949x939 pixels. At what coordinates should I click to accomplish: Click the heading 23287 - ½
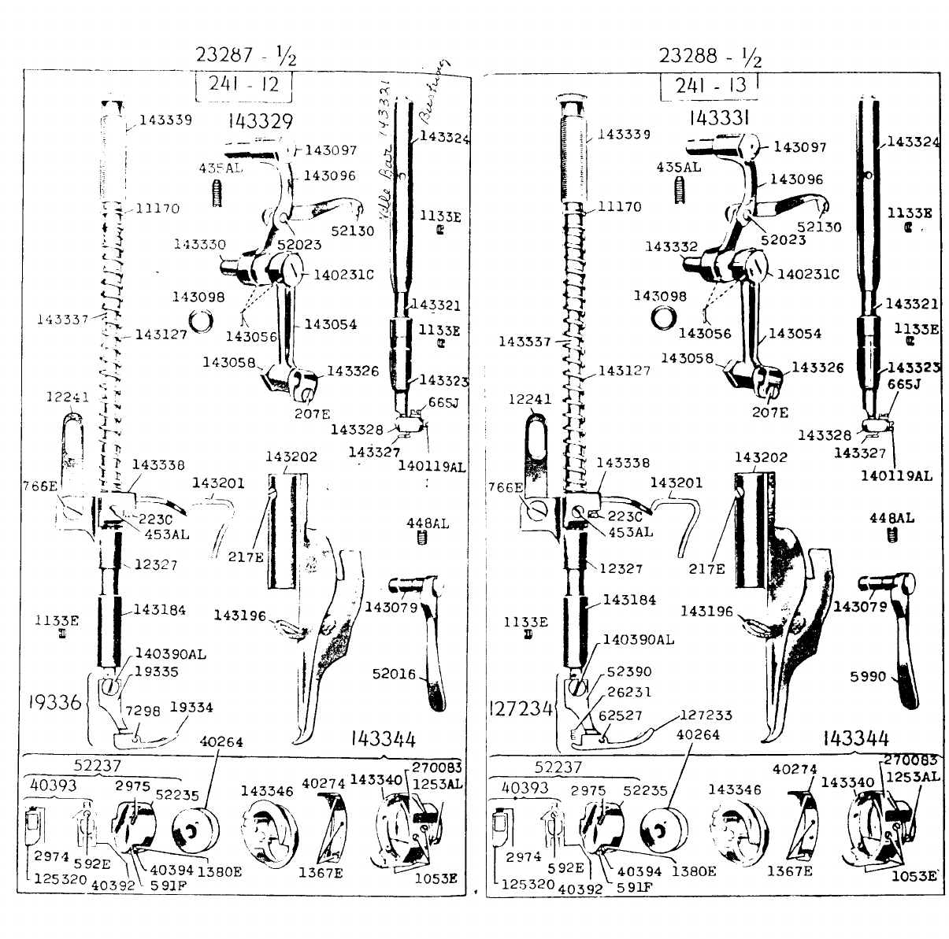pyautogui.click(x=247, y=56)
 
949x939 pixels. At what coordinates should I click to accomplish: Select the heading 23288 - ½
pyautogui.click(x=710, y=56)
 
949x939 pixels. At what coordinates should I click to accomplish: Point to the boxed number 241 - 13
pyautogui.click(x=708, y=85)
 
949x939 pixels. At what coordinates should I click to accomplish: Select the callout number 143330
pyautogui.click(x=198, y=245)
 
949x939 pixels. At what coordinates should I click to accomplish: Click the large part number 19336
pyautogui.click(x=53, y=701)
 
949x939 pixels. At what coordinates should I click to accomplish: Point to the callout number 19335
pyautogui.click(x=156, y=671)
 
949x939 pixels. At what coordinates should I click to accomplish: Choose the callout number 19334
pyautogui.click(x=192, y=707)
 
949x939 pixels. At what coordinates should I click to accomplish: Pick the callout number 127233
pyautogui.click(x=706, y=715)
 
